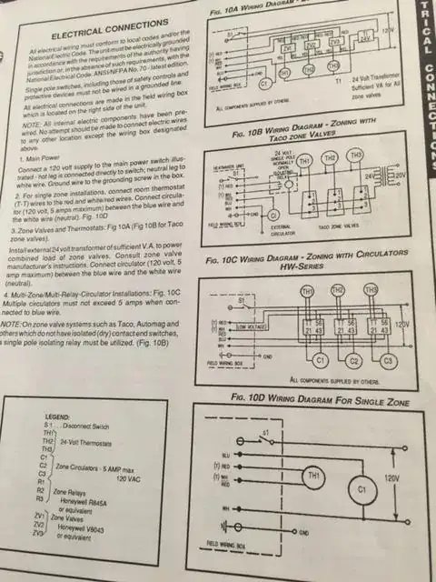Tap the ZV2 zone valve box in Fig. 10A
coord(310,43)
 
